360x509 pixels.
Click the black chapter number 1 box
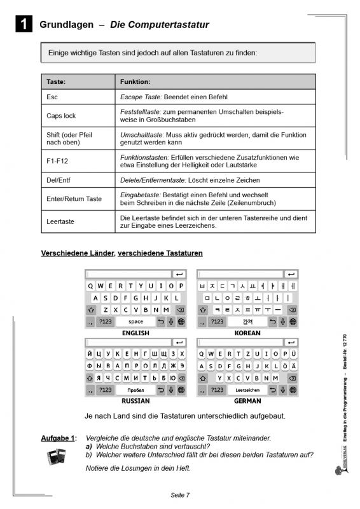[x=22, y=25]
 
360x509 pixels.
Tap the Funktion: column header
[x=135, y=82]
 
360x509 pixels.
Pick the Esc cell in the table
[x=52, y=97]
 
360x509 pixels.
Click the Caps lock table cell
[x=61, y=116]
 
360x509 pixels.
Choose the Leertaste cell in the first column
[x=60, y=222]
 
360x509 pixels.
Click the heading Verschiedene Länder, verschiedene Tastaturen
[x=121, y=253]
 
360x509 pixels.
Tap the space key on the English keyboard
[x=135, y=322]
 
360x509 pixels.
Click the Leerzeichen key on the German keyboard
[x=247, y=390]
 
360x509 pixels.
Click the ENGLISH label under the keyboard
[x=135, y=333]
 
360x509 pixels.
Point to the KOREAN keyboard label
[x=247, y=333]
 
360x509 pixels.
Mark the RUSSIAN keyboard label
[x=135, y=401]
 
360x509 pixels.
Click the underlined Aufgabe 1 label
[x=59, y=438]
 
